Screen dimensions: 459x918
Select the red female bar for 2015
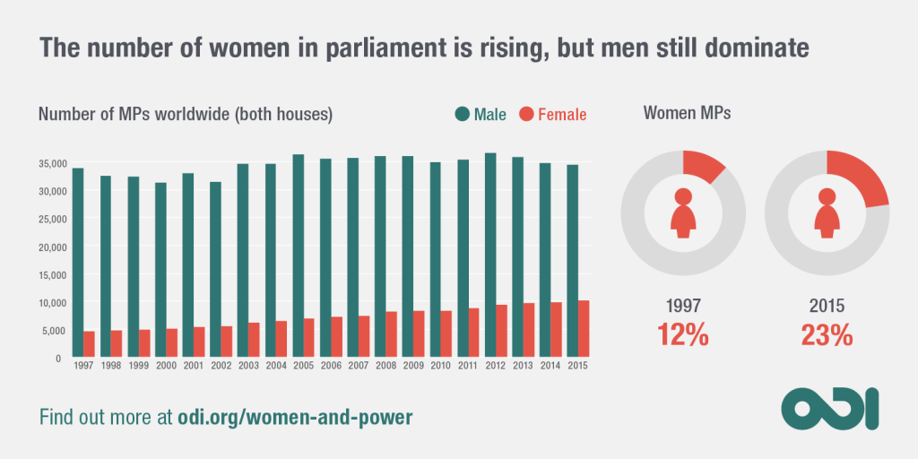[x=584, y=329]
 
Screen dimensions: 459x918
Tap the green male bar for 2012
[x=489, y=255]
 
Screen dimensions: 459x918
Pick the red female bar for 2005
[x=308, y=338]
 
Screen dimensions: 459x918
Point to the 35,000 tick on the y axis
[x=49, y=163]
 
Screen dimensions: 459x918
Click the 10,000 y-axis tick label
[x=49, y=303]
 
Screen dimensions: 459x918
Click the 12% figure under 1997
[x=683, y=335]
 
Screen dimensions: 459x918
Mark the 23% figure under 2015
[x=827, y=335]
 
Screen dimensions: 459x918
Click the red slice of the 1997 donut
[x=703, y=165]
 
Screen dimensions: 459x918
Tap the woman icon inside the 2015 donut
[x=827, y=212]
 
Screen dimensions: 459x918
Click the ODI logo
[x=830, y=409]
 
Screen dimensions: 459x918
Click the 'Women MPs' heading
[x=686, y=113]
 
